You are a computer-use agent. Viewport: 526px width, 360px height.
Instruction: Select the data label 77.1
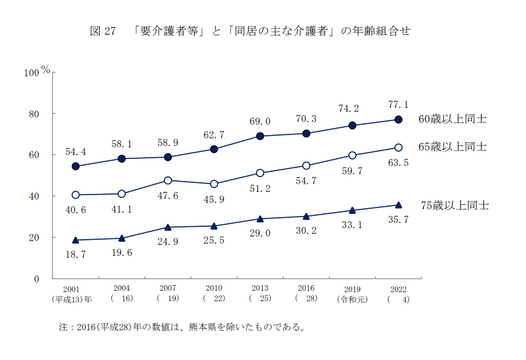(398, 104)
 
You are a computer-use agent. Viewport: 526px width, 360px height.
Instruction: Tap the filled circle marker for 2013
(260, 136)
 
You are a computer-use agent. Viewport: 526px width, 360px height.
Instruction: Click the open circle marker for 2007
(168, 180)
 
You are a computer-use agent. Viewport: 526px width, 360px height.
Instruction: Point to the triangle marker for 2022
(399, 205)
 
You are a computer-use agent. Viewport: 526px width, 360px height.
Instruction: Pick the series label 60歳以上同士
(452, 119)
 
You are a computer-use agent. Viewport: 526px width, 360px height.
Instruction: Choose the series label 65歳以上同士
(452, 147)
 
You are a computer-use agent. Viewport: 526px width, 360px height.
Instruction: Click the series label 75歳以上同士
(455, 206)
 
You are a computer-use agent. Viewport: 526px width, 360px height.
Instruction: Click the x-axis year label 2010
(214, 288)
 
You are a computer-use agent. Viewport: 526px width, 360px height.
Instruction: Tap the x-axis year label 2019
(352, 288)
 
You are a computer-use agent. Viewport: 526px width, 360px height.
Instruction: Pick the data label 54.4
(76, 152)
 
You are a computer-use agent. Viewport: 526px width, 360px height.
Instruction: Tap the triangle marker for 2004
(122, 238)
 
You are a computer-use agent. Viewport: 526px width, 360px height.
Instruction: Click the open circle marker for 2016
(306, 165)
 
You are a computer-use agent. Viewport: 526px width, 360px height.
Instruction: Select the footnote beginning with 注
(182, 326)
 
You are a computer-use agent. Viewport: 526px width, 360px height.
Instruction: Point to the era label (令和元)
(352, 300)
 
